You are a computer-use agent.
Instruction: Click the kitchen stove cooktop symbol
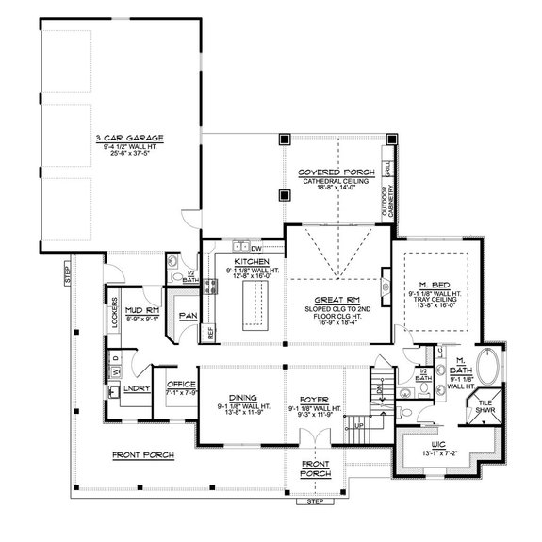[x=213, y=284]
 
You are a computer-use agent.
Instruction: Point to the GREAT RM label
[x=336, y=299]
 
